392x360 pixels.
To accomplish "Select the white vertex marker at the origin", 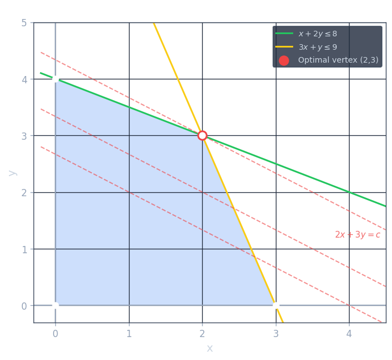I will (x=55, y=305).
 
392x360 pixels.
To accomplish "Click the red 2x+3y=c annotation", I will (x=357, y=235).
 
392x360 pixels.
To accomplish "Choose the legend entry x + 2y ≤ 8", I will (x=317, y=34).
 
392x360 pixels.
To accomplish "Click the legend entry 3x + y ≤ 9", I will (x=317, y=47).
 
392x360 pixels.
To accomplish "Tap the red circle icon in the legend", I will (x=284, y=60).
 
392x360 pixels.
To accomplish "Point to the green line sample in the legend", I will (x=284, y=34).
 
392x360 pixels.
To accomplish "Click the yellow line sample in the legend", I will (x=284, y=47).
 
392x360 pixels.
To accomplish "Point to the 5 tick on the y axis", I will (x=24, y=23).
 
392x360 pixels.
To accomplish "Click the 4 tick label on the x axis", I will (x=349, y=334).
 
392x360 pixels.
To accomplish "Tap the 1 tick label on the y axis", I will (x=24, y=249).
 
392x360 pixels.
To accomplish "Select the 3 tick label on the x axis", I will (x=275, y=334).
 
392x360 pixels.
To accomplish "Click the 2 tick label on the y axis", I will (x=24, y=192).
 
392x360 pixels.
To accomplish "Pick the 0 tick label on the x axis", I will (x=55, y=334).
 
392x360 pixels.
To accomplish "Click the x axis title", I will (x=209, y=349).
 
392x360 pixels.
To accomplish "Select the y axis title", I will (x=12, y=173).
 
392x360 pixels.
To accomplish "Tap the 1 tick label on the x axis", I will (x=129, y=334).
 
